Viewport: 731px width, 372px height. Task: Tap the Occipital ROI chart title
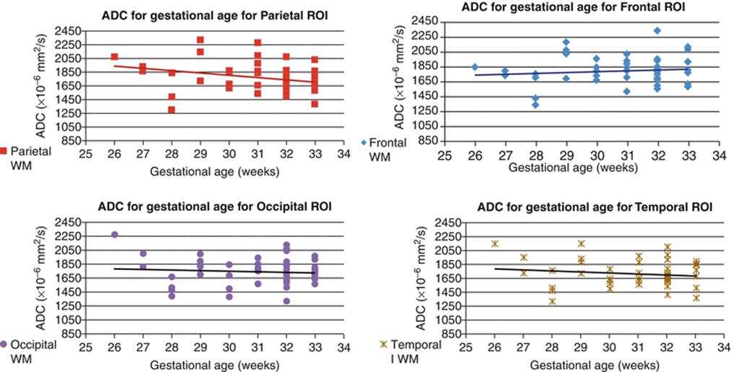214,206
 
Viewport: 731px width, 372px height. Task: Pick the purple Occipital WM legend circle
4,346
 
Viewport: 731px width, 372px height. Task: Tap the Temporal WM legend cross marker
384,345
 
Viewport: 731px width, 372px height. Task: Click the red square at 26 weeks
114,56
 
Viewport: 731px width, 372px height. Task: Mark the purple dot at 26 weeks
115,234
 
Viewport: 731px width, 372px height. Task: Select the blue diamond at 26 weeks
475,66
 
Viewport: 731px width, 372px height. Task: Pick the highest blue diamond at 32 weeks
658,30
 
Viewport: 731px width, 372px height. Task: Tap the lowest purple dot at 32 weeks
286,301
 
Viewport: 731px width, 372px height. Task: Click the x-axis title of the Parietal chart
214,172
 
